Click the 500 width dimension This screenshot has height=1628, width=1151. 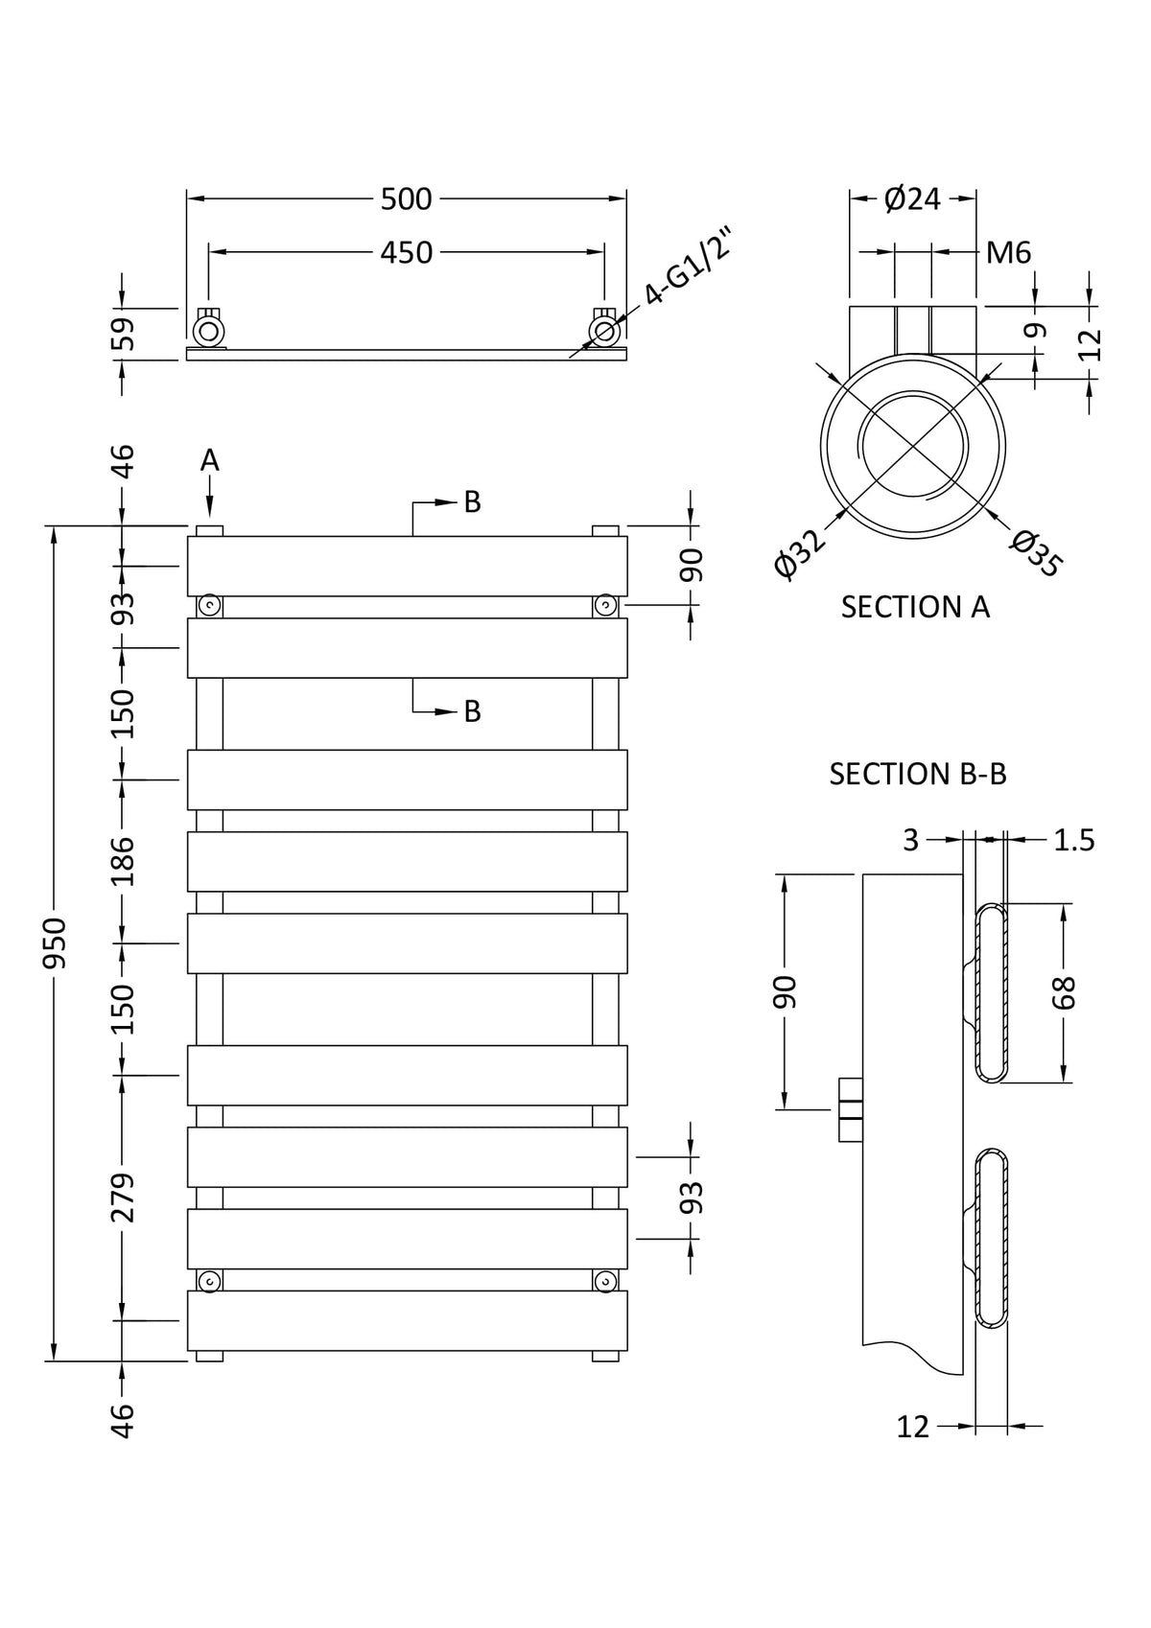(x=407, y=199)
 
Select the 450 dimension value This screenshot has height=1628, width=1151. (x=407, y=253)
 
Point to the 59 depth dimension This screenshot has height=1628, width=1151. (x=124, y=335)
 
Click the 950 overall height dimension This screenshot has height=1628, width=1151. (x=55, y=942)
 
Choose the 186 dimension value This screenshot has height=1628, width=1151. (x=124, y=861)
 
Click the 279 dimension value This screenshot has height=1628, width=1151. (x=124, y=1198)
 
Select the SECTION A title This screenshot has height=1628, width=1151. (x=915, y=607)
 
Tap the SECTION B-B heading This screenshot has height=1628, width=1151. (x=918, y=774)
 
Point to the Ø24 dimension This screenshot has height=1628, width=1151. (x=912, y=199)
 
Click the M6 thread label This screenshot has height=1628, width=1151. (x=1009, y=253)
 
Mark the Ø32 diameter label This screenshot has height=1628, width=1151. (x=800, y=554)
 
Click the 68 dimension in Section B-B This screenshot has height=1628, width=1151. (x=1065, y=992)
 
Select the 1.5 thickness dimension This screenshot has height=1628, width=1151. (x=1074, y=840)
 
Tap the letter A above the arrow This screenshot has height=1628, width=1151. (x=210, y=461)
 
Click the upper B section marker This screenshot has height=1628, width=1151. (x=472, y=501)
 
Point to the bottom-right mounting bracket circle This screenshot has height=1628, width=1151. (x=605, y=1281)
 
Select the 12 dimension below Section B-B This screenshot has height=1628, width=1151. (x=913, y=1427)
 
